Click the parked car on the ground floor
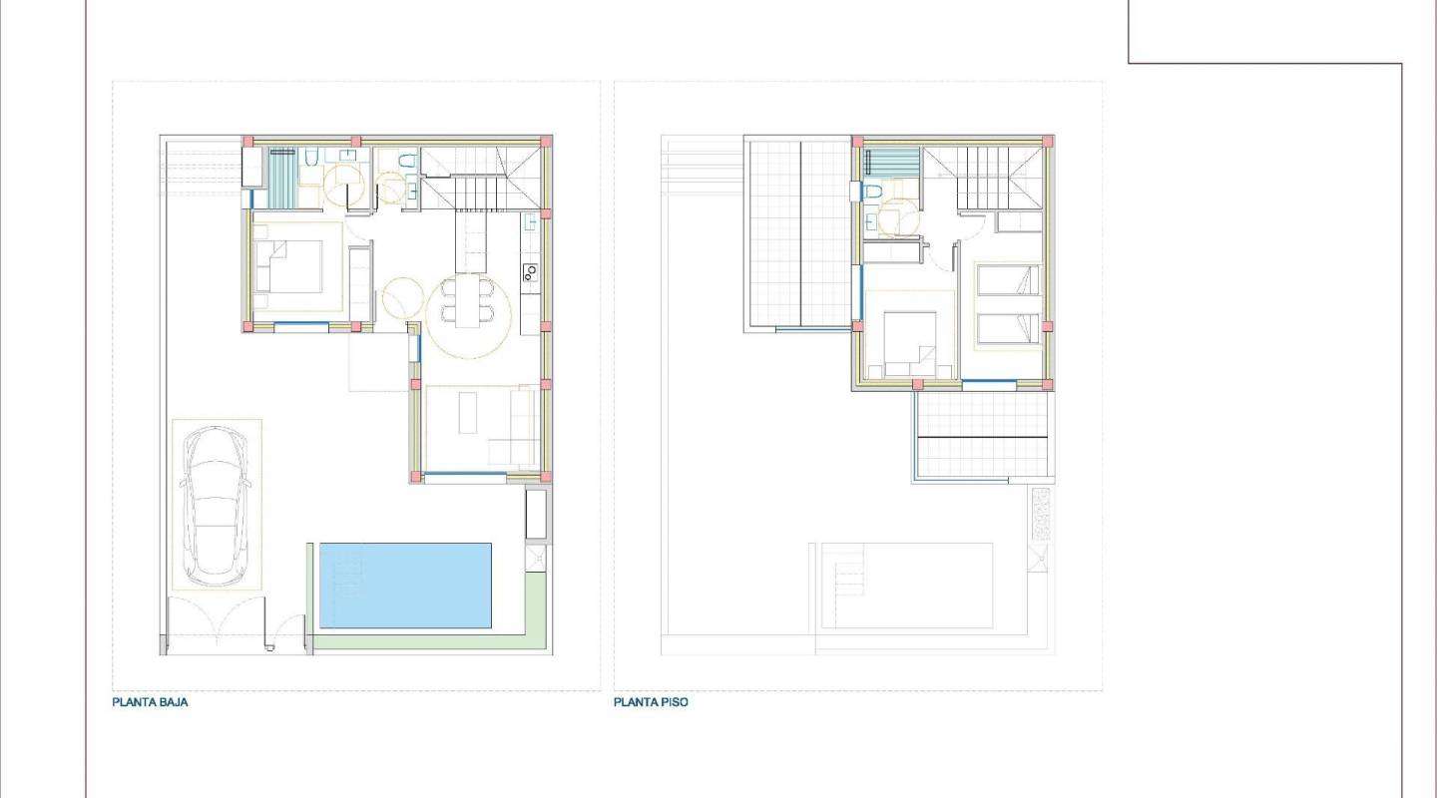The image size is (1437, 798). [x=217, y=506]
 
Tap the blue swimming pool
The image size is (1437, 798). [x=405, y=585]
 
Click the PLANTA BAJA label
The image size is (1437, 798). [x=150, y=702]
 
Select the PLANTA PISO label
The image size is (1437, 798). [x=651, y=702]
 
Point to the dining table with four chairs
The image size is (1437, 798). [x=467, y=302]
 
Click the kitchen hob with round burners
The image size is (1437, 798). [x=530, y=270]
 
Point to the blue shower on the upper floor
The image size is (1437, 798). [x=883, y=162]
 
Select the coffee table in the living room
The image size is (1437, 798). [x=469, y=413]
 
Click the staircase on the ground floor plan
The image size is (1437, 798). [x=481, y=177]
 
